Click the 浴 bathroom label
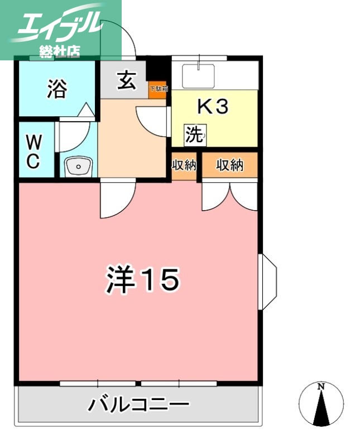[x=56, y=89]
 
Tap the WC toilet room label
[x=33, y=150]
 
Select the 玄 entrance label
[x=126, y=81]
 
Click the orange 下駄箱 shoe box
[x=158, y=89]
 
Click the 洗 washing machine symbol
[x=195, y=134]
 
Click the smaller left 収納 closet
[x=184, y=165]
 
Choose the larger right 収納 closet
[x=230, y=165]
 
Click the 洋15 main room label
[x=142, y=279]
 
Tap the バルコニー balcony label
[x=138, y=404]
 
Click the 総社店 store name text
[x=60, y=51]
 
